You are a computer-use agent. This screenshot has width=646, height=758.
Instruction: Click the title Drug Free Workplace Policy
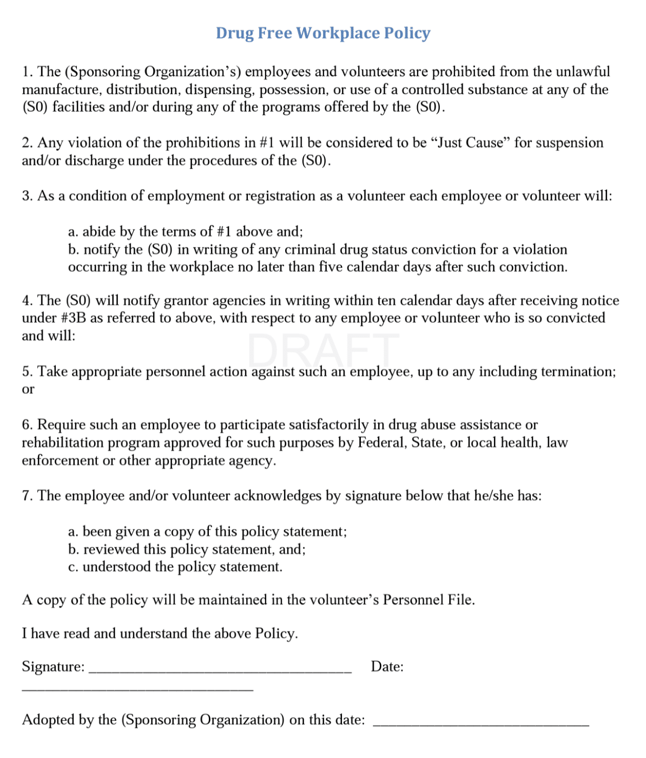tap(323, 33)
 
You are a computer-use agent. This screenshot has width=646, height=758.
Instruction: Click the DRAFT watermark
tap(323, 350)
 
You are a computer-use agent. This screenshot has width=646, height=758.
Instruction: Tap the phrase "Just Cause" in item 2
tap(470, 143)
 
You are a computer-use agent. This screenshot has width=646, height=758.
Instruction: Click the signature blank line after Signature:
tap(220, 670)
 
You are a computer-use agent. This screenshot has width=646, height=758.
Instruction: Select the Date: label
tap(387, 666)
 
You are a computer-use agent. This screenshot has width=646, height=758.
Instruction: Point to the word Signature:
tap(53, 666)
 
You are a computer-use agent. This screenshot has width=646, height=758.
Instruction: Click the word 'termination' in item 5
tap(578, 371)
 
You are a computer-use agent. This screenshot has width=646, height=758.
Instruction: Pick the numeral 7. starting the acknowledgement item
tap(27, 496)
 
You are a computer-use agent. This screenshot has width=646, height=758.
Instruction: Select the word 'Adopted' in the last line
tap(48, 720)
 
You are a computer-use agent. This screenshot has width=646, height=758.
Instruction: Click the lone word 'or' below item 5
tap(28, 389)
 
